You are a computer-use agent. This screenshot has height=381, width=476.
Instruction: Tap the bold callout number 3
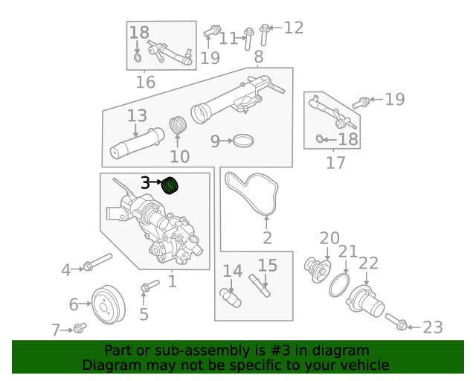pos(146,182)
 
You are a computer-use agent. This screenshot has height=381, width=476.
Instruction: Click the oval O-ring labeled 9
pos(242,140)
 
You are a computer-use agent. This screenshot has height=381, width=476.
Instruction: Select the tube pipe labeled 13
pos(136,143)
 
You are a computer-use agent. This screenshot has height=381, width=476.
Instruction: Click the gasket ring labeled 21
pos(339,285)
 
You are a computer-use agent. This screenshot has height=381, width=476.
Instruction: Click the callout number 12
pos(293,28)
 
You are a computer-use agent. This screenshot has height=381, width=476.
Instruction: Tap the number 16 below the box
pos(145,82)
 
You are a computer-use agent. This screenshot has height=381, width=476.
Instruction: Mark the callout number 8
pos(258,57)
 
